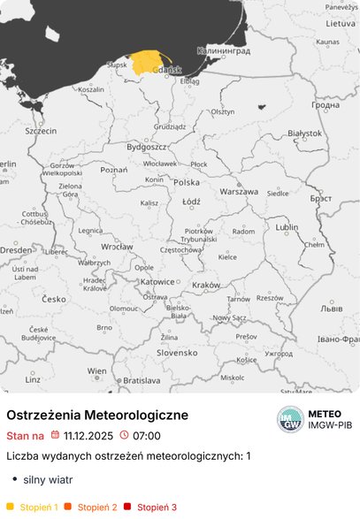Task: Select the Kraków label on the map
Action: pos(205,285)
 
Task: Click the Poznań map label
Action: pos(114,169)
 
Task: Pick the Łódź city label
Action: pos(190,201)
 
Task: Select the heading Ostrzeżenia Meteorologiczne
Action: pos(97,415)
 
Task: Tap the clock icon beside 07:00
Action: pos(124,435)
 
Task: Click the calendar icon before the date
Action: pos(55,435)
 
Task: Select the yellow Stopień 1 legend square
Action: pos(10,507)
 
